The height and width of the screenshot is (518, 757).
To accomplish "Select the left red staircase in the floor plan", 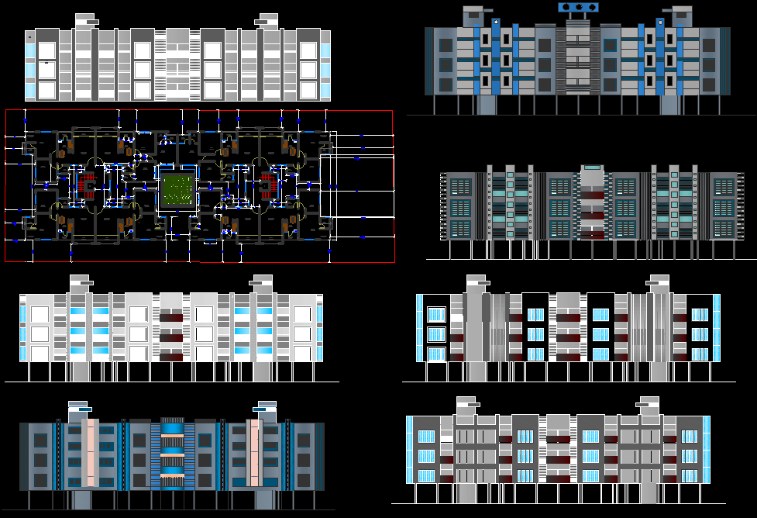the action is tap(88, 187).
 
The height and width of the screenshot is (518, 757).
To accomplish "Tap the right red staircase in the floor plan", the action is tap(267, 187).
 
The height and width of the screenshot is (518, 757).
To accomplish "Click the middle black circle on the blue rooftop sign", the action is tap(579, 8).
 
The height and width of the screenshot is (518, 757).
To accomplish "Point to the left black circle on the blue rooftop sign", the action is tap(566, 8).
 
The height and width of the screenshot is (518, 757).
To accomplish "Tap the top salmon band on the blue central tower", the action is tap(172, 437).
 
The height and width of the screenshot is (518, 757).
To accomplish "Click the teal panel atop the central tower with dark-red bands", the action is tap(592, 167).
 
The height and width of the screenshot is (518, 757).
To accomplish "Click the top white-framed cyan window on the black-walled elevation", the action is tap(437, 314).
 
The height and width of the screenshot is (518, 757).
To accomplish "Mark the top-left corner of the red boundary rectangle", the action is tap(6, 111).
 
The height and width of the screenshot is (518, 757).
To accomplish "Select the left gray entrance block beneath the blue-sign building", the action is tap(487, 105).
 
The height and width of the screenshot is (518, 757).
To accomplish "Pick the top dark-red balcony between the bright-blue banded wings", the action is tap(172, 317).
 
